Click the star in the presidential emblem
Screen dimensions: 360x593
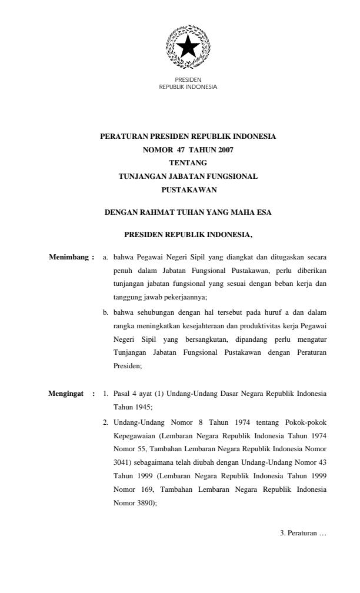point(188,45)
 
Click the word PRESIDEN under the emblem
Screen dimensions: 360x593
point(188,80)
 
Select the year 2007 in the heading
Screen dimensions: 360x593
point(224,149)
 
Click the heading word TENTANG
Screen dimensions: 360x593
point(188,163)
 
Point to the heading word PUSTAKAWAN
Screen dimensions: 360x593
point(188,190)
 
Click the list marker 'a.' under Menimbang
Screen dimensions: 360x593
point(106,258)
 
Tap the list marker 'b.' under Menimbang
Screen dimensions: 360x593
point(106,312)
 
